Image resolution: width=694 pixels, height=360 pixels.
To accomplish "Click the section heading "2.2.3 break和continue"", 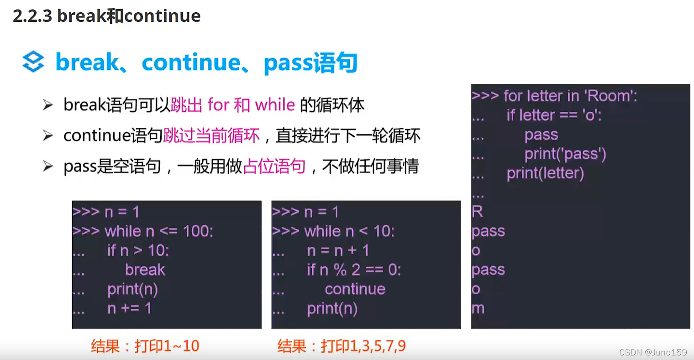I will [106, 16].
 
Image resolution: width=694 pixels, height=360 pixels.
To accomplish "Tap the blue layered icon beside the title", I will [33, 62].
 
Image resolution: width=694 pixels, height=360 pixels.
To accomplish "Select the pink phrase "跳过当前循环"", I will [211, 136].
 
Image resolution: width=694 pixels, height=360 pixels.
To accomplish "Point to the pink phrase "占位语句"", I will [274, 166].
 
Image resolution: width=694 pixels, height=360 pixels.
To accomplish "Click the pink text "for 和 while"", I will [251, 105].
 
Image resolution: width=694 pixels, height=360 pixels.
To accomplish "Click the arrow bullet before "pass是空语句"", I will [48, 166].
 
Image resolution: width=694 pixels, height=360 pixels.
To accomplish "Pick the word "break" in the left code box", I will [145, 270].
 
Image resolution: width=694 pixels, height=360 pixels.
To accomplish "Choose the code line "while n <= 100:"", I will [158, 231].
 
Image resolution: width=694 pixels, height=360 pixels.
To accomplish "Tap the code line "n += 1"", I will [129, 308].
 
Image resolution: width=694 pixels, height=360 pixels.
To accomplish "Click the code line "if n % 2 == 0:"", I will [354, 270].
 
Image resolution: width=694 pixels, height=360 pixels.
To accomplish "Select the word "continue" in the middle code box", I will [355, 289].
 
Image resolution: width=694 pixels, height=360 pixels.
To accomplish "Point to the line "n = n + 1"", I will [338, 250].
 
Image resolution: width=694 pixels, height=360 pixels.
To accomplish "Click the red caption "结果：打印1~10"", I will [145, 346].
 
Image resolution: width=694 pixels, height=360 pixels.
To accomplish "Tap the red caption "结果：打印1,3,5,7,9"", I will [341, 346].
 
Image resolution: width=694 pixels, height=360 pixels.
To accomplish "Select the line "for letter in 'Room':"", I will [570, 96].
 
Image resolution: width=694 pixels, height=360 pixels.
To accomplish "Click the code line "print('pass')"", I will [565, 154].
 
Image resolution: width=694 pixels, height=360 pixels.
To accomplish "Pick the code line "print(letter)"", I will [545, 173].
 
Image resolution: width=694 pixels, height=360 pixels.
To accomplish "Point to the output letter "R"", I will [478, 211].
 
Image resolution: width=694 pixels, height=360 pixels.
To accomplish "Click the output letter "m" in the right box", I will [478, 308].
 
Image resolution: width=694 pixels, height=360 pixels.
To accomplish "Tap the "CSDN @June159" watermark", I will [653, 352].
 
